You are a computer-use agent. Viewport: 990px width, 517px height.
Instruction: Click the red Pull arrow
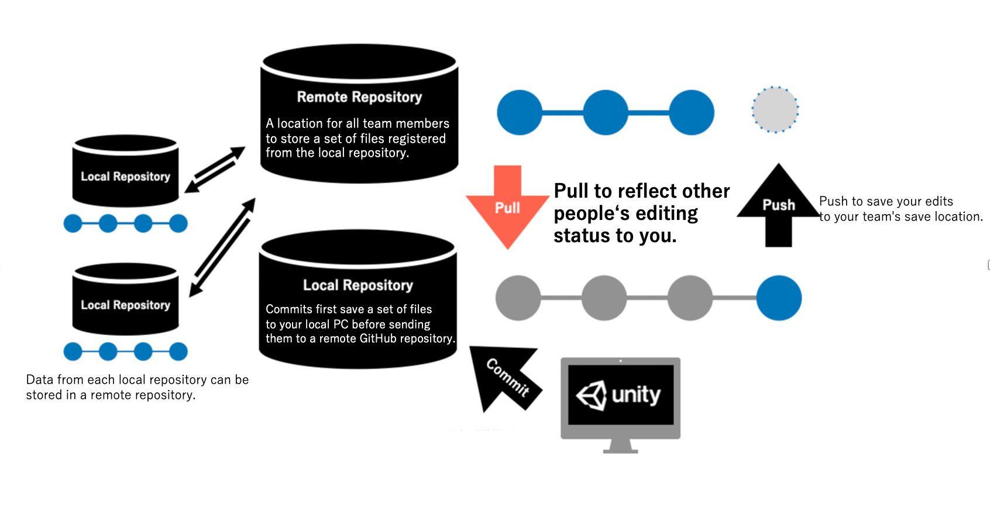coord(507,207)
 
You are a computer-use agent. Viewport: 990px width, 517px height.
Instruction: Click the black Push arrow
coord(778,205)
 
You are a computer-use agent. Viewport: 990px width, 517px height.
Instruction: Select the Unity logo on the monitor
coord(619,395)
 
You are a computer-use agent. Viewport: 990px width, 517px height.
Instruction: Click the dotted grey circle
coord(775,109)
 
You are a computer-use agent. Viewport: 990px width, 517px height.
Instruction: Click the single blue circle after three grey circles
coord(779,298)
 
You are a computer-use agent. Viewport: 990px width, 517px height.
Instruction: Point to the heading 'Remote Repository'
coord(359,96)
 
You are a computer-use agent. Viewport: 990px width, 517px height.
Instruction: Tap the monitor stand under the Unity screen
coord(621,446)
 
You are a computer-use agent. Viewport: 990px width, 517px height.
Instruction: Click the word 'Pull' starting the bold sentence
coord(570,191)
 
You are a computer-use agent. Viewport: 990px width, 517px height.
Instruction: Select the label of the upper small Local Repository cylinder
coord(126,176)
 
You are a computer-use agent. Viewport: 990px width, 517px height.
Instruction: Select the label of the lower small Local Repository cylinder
coord(126,305)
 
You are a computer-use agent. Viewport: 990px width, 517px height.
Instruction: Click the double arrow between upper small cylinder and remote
coord(215,170)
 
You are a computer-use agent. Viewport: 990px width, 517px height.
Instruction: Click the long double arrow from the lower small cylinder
coord(222,247)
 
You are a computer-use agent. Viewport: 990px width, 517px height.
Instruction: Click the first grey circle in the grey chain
coord(518,298)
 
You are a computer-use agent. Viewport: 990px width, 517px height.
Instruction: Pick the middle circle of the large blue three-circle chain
coord(606,112)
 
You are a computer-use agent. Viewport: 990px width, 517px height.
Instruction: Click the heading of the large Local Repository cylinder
coord(358,285)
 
